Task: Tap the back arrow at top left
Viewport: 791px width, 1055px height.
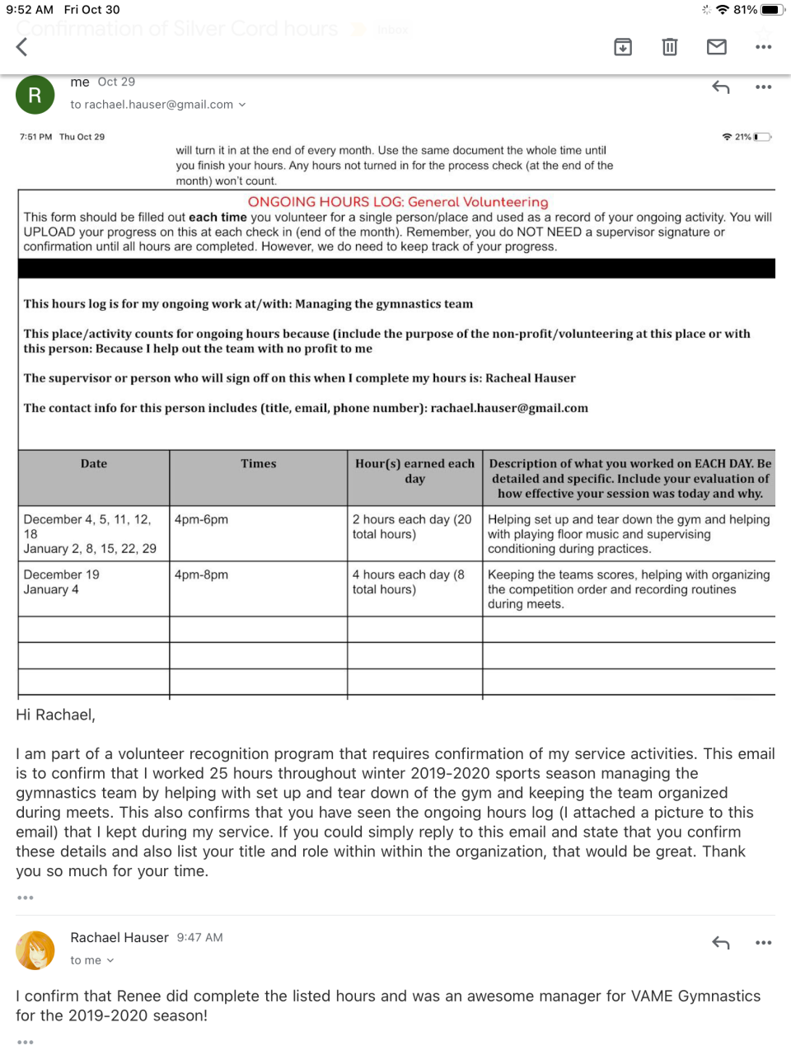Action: pyautogui.click(x=22, y=47)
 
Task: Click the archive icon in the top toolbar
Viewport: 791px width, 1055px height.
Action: pyautogui.click(x=623, y=47)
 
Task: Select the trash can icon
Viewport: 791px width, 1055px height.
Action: pyautogui.click(x=670, y=47)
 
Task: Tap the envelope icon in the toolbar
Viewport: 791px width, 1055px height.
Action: pyautogui.click(x=717, y=47)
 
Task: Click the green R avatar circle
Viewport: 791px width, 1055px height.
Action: pyautogui.click(x=35, y=95)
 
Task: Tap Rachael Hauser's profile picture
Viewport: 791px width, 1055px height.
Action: pyautogui.click(x=35, y=950)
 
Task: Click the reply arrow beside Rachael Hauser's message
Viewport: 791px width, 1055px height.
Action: pyautogui.click(x=721, y=942)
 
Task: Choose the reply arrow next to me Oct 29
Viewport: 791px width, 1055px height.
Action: pyautogui.click(x=721, y=87)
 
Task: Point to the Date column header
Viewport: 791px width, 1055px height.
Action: pyautogui.click(x=94, y=464)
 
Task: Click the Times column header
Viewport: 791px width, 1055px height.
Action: pyautogui.click(x=259, y=464)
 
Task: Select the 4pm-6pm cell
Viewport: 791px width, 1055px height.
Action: pyautogui.click(x=202, y=519)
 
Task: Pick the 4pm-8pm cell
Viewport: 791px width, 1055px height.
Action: pyautogui.click(x=202, y=574)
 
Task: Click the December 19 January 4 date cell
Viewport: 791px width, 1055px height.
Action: pyautogui.click(x=62, y=582)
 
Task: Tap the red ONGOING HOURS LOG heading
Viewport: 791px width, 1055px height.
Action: pyautogui.click(x=398, y=202)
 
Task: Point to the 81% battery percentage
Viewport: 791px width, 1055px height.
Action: pyautogui.click(x=745, y=10)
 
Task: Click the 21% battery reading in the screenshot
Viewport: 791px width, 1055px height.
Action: pyautogui.click(x=743, y=137)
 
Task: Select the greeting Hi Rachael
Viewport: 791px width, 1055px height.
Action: pyautogui.click(x=56, y=715)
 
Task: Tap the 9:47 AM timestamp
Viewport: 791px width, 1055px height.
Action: pyautogui.click(x=199, y=937)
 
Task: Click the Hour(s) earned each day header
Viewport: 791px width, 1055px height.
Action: pyautogui.click(x=414, y=471)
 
